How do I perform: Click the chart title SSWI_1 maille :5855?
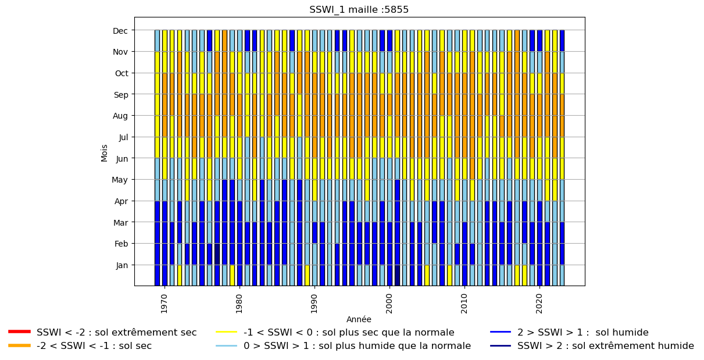[x=359, y=9]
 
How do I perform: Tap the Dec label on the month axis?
[x=120, y=31]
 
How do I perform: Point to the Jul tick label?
[x=123, y=137]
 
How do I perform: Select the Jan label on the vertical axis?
[x=121, y=265]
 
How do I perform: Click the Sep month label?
[x=121, y=95]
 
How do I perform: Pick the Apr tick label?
[x=121, y=201]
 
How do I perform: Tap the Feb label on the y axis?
[x=121, y=244]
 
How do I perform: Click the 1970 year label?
[x=164, y=304]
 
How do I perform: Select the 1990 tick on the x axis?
[x=314, y=304]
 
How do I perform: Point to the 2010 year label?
[x=464, y=304]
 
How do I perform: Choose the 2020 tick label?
[x=539, y=304]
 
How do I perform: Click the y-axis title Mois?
[x=104, y=153]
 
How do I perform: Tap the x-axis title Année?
[x=359, y=319]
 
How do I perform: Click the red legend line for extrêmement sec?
[x=20, y=332]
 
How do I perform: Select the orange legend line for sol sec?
[x=20, y=345]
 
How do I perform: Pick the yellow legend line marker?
[x=226, y=332]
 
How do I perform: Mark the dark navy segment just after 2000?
[x=397, y=276]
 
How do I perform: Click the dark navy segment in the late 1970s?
[x=217, y=254]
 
